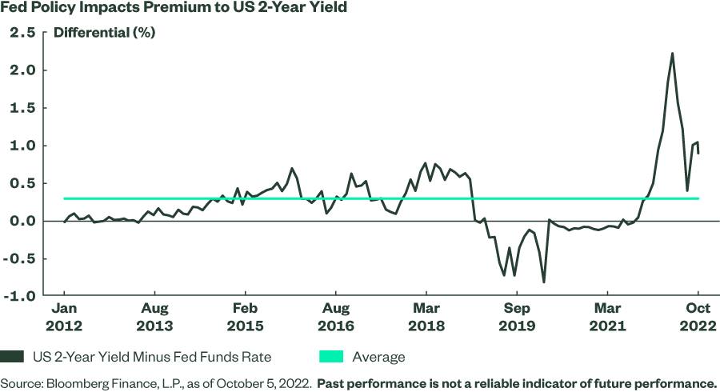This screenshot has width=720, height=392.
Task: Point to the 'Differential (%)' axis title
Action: coord(104,34)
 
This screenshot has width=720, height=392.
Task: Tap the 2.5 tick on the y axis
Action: coord(24,33)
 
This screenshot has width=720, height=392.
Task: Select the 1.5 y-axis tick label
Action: coord(24,108)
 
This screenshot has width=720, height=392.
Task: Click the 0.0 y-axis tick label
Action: coord(24,221)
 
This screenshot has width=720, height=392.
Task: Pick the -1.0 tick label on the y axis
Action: coord(22,296)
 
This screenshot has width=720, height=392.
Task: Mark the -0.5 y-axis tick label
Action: coord(22,258)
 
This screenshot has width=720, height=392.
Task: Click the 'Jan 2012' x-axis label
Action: coord(65,317)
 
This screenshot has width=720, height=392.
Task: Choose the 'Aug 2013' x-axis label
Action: coord(155,317)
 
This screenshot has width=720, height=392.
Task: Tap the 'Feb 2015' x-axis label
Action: coord(246,317)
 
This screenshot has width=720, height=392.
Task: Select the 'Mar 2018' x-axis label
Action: coord(426,317)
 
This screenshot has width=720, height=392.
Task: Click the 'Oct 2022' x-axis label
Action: coord(698,317)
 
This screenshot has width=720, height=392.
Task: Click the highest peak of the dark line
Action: coord(672,54)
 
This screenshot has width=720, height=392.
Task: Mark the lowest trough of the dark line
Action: coord(544,282)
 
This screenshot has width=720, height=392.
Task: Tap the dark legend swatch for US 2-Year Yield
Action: coord(14,357)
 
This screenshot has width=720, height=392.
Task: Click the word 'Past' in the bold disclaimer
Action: coord(332,383)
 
